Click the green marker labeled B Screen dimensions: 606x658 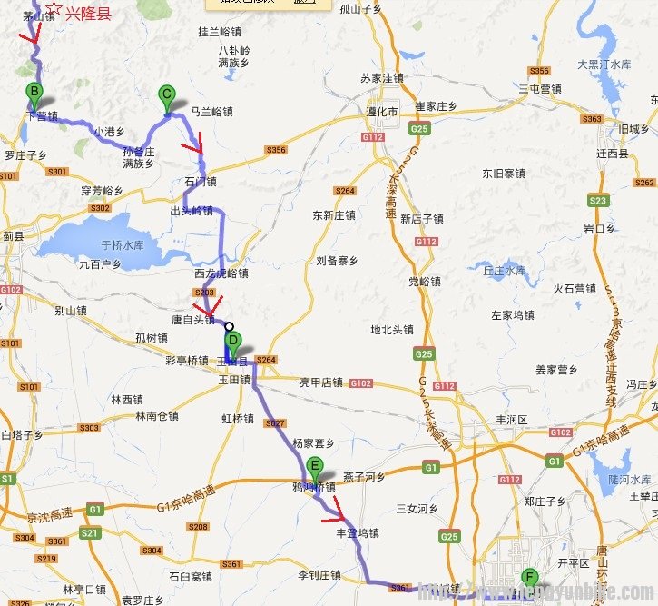click(x=34, y=92)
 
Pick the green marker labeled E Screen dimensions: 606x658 click(x=316, y=468)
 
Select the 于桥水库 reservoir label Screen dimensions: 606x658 click(x=122, y=244)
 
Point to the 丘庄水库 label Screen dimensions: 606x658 click(x=504, y=271)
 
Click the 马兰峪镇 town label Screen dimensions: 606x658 click(x=212, y=112)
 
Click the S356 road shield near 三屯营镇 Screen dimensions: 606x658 click(x=539, y=71)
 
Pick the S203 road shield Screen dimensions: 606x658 click(x=204, y=293)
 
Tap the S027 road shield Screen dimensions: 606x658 click(x=275, y=423)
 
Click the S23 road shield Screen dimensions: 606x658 click(x=597, y=200)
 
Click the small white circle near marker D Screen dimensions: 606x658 click(x=229, y=327)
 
